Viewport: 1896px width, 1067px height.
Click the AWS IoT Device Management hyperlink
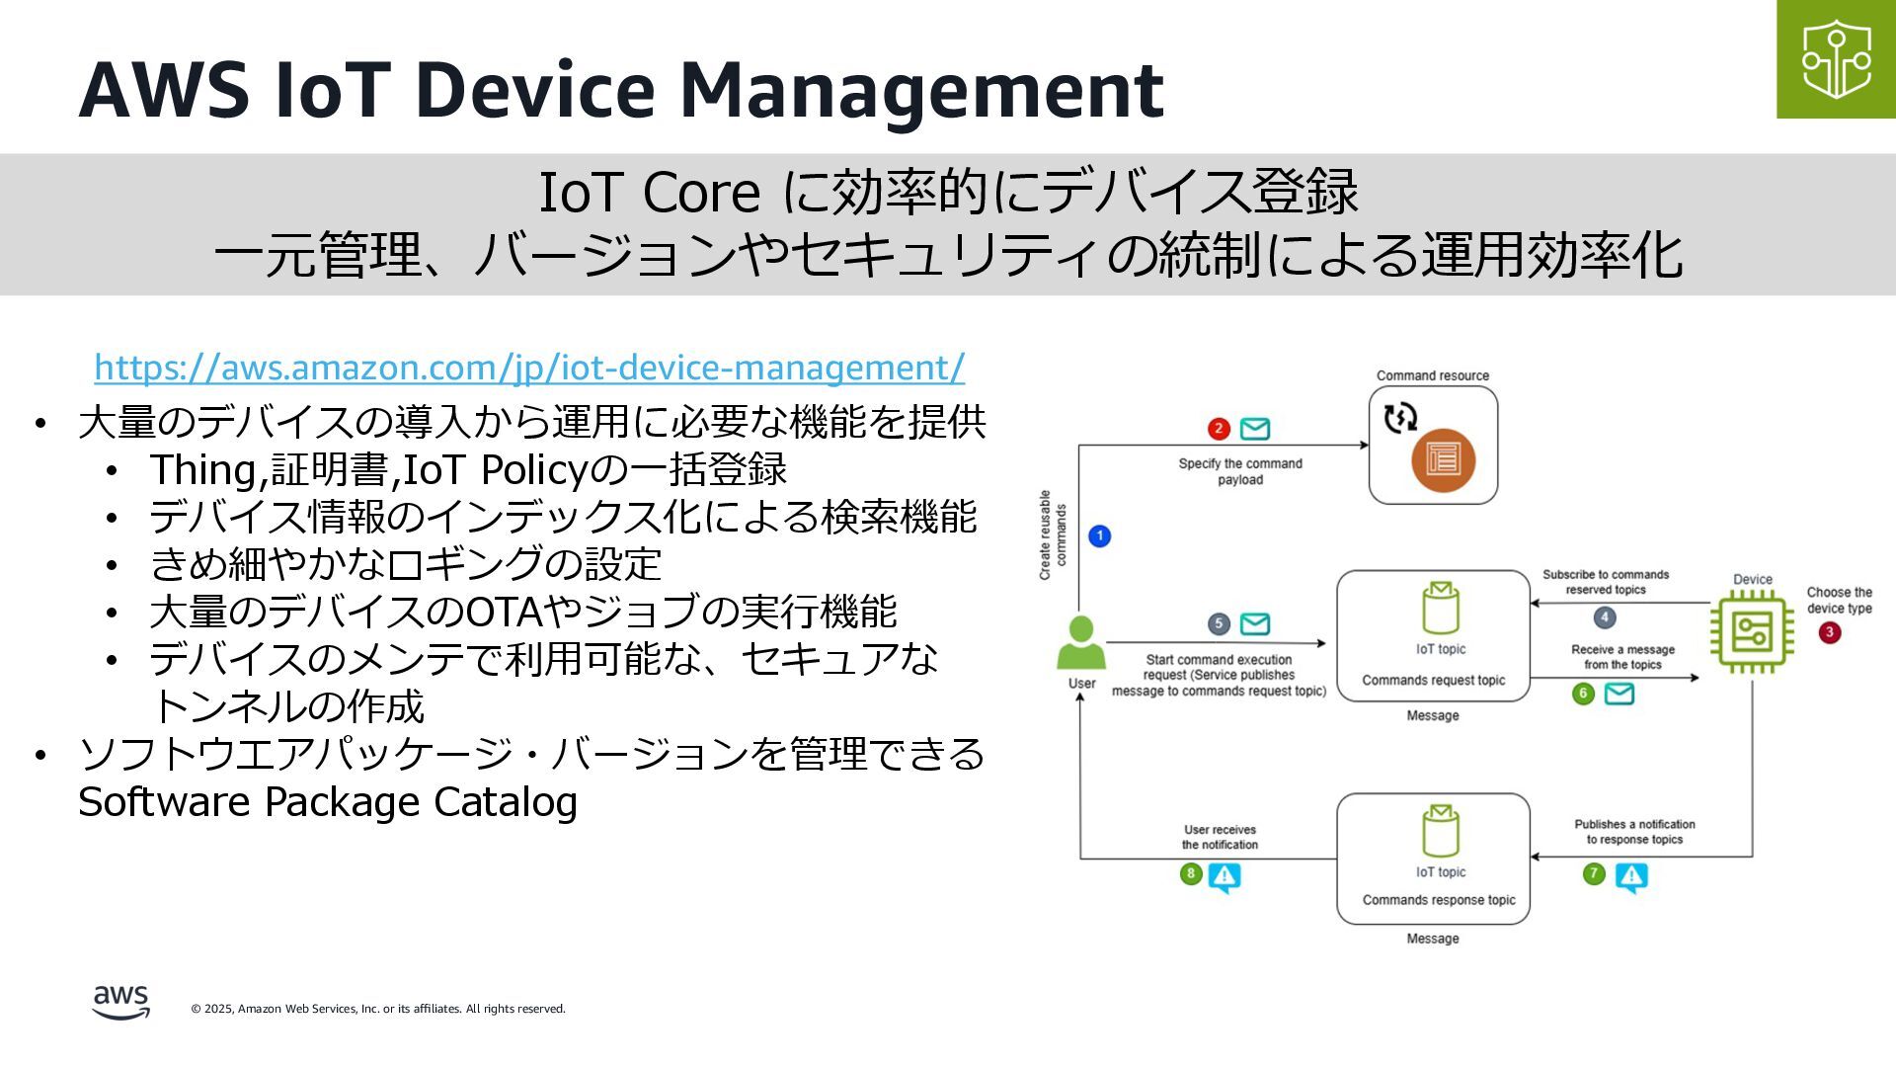coord(529,368)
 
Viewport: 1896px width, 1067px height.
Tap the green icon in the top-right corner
coord(1836,59)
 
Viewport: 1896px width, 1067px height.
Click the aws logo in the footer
coord(120,1002)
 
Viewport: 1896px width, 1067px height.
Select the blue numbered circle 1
coord(1099,535)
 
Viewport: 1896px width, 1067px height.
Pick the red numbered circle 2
coord(1219,428)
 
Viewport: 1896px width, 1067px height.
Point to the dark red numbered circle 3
coord(1829,632)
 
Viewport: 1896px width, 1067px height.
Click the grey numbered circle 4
coord(1605,617)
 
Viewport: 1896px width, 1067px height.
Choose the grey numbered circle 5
coord(1219,623)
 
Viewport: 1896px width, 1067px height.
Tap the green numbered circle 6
coord(1583,694)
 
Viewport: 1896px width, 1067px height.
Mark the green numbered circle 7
coord(1594,874)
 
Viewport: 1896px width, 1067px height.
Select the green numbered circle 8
coord(1191,873)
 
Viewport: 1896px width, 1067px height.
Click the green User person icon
coord(1081,643)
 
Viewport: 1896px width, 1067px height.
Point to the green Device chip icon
coord(1751,630)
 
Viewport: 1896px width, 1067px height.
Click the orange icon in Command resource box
coord(1443,459)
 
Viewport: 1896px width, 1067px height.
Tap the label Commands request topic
coord(1433,681)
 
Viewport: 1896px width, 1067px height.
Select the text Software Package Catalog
coord(328,801)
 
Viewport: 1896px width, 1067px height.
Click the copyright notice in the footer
coord(378,1009)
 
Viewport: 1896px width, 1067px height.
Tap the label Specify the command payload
coord(1240,471)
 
